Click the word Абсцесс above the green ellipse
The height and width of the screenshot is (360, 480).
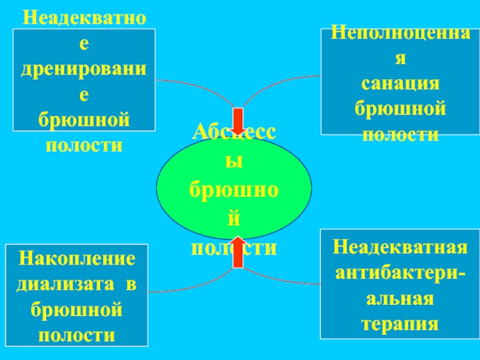pyautogui.click(x=234, y=134)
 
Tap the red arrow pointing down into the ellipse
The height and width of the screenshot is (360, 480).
pyautogui.click(x=238, y=121)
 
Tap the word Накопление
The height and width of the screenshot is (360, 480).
pyautogui.click(x=77, y=259)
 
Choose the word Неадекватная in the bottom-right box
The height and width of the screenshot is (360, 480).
pyautogui.click(x=400, y=247)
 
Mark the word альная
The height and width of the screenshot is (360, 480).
pyautogui.click(x=400, y=299)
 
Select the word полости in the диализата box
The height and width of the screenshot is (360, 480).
pyautogui.click(x=77, y=335)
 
